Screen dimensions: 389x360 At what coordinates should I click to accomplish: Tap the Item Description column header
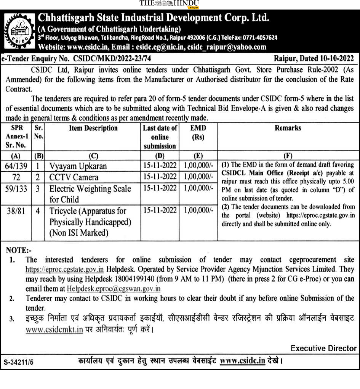point(93,129)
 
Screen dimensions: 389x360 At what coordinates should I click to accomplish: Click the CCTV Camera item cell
point(74,177)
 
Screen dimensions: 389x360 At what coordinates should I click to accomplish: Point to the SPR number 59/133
point(16,188)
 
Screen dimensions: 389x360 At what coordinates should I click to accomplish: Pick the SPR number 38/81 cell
point(16,211)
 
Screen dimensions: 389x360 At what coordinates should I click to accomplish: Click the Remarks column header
point(288,129)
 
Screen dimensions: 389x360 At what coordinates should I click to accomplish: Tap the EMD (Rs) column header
point(198,132)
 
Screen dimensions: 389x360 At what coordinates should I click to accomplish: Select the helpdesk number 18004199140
point(168,279)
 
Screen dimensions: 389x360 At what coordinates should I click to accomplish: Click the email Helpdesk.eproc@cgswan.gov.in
point(114,289)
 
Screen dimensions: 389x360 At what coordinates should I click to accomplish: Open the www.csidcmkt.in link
point(54,330)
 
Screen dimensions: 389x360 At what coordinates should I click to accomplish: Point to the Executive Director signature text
point(323,348)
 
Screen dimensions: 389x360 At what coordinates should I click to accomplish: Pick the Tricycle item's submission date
point(160,211)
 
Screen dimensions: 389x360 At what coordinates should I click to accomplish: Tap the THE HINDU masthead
point(169,3)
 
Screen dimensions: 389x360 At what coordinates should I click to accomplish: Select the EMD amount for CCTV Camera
point(198,177)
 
